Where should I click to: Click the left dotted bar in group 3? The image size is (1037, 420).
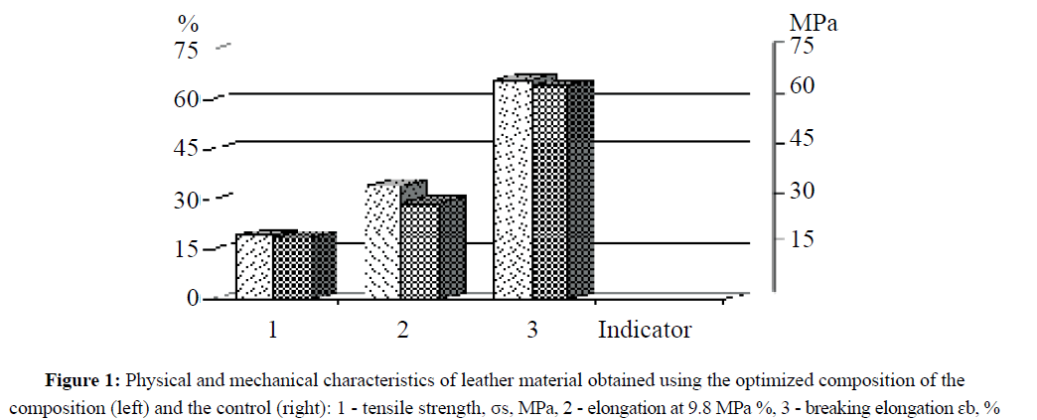[x=513, y=189]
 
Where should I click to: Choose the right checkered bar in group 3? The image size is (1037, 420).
[x=550, y=191]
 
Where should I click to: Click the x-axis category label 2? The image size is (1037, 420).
[x=402, y=330]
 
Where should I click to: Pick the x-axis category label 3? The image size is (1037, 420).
[x=532, y=330]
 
